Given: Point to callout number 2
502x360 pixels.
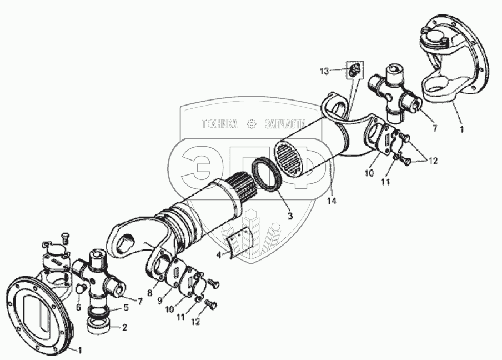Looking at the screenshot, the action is [124, 328].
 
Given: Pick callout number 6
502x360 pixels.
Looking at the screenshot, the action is [78, 307].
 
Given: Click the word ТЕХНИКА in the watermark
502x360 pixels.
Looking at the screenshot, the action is [219, 124].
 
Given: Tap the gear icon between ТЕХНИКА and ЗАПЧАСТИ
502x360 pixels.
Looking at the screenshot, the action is [252, 124].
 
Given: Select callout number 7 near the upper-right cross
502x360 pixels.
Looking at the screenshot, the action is [435, 128].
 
